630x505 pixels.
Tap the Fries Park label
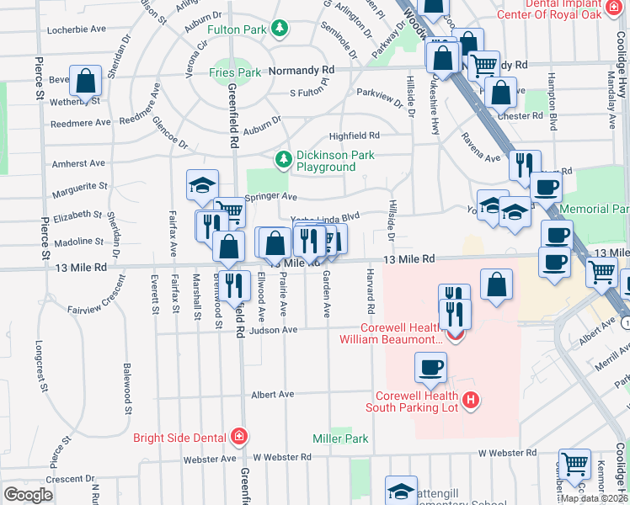click(x=235, y=73)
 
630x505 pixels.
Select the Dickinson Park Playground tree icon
click(x=284, y=158)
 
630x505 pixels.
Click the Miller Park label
click(x=340, y=439)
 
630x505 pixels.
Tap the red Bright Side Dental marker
click(x=239, y=436)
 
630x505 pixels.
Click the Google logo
click(x=28, y=495)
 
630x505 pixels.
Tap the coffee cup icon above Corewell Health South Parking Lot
click(x=430, y=368)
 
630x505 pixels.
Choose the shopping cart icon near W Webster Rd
click(x=574, y=463)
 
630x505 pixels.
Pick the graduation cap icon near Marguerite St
click(x=202, y=184)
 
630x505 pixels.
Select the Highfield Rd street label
click(x=354, y=135)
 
